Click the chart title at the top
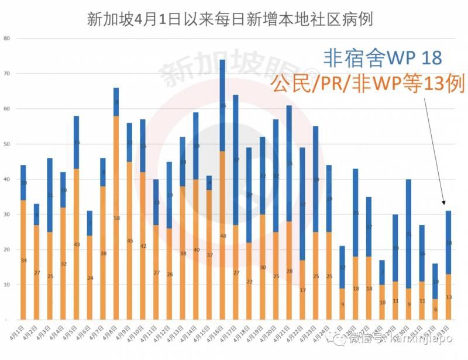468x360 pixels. pos(230,19)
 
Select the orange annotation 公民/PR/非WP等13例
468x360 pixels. pos(367,83)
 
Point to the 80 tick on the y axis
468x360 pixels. pos(7,39)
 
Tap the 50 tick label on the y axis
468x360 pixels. pos(7,144)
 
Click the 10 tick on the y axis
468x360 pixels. pos(7,285)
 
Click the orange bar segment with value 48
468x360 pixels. pos(222,236)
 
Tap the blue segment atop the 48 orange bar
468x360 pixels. pos(222,106)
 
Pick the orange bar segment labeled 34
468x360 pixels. pos(23,260)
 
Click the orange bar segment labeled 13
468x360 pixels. pos(448,297)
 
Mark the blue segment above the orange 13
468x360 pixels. pos(448,243)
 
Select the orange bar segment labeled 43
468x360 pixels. pos(77,244)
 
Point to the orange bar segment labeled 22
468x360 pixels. pos(249,281)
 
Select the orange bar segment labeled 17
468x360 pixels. pos(302,290)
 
